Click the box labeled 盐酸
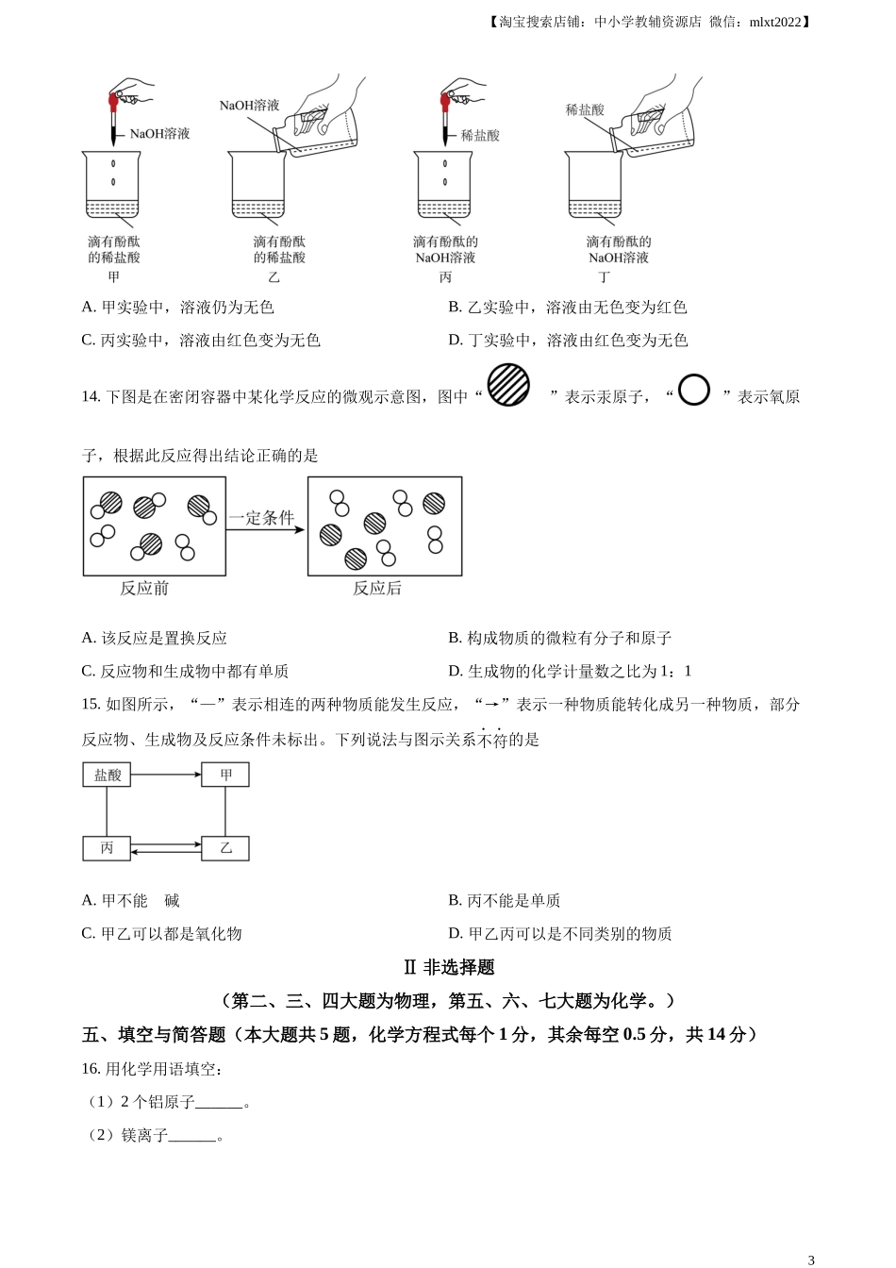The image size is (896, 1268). [x=107, y=776]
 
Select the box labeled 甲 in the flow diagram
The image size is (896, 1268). [x=225, y=776]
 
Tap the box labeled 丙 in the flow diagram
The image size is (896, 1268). [x=107, y=848]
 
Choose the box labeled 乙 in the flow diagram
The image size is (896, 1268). [x=225, y=848]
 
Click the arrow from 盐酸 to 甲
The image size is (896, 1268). [x=166, y=776]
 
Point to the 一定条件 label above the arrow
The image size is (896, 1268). [x=261, y=517]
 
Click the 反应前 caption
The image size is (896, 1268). [x=144, y=589]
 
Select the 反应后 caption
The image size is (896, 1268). [x=377, y=589]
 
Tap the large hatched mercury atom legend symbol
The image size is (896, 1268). [x=508, y=385]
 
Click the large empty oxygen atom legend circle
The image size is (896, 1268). [x=693, y=390]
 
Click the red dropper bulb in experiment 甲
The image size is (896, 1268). [x=114, y=100]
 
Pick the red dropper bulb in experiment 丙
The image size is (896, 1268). [x=445, y=100]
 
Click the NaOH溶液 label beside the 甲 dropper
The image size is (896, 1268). [x=159, y=134]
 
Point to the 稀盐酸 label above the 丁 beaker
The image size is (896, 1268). [x=585, y=110]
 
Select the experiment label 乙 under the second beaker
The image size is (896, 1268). [x=274, y=277]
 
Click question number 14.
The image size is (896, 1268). [x=91, y=397]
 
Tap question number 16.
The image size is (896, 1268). [x=91, y=1069]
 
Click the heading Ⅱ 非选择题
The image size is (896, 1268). [x=448, y=967]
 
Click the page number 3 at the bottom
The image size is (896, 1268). [x=811, y=1260]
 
